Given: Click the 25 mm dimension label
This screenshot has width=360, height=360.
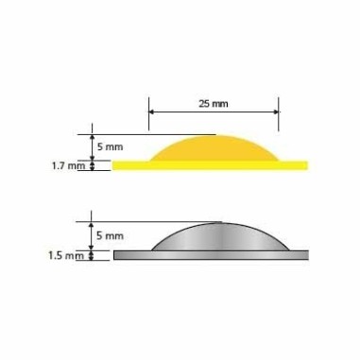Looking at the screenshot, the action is pyautogui.click(x=214, y=103).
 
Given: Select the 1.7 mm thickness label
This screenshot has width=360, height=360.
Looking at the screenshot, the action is pyautogui.click(x=68, y=165).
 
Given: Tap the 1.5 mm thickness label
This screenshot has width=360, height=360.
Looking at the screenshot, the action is pyautogui.click(x=66, y=255).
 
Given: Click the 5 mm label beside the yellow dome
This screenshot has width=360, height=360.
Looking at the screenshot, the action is pyautogui.click(x=110, y=146).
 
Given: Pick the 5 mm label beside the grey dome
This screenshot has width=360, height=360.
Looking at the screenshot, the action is pyautogui.click(x=110, y=235).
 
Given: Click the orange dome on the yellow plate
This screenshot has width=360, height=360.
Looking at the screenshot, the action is pyautogui.click(x=214, y=149).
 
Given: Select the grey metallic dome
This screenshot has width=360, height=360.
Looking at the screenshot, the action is pyautogui.click(x=220, y=238).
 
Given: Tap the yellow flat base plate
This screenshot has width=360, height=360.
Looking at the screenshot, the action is pyautogui.click(x=210, y=165).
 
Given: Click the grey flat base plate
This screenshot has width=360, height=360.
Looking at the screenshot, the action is pyautogui.click(x=211, y=255).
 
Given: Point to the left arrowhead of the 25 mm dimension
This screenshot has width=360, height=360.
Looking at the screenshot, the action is pyautogui.click(x=151, y=111).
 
